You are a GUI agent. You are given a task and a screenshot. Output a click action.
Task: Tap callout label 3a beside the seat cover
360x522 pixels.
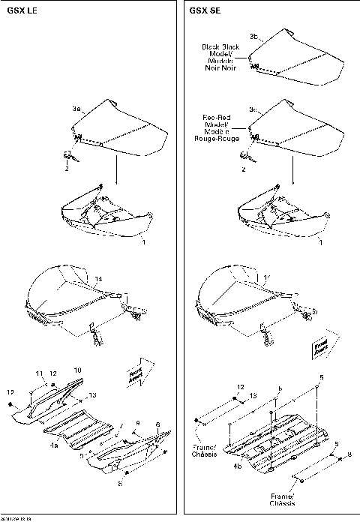coord(76,109)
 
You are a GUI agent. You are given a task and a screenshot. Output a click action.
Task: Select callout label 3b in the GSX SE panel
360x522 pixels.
coord(253,37)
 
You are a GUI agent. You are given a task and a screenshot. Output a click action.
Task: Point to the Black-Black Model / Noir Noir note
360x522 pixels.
coord(219,56)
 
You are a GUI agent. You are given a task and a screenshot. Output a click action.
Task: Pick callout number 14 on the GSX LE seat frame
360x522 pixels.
coord(98,279)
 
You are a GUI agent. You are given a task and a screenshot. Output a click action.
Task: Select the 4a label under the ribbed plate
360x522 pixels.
coord(55,445)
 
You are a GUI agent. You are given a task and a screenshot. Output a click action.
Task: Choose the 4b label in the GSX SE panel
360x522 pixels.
coord(238,466)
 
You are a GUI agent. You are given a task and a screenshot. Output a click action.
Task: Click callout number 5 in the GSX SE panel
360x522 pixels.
coord(322,377)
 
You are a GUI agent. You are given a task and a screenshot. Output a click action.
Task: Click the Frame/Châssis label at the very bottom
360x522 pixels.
coord(283,500)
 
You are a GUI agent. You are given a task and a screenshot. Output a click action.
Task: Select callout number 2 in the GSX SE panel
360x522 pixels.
coord(242,169)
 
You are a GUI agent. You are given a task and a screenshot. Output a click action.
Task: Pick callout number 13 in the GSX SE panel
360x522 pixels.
coord(252,394)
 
